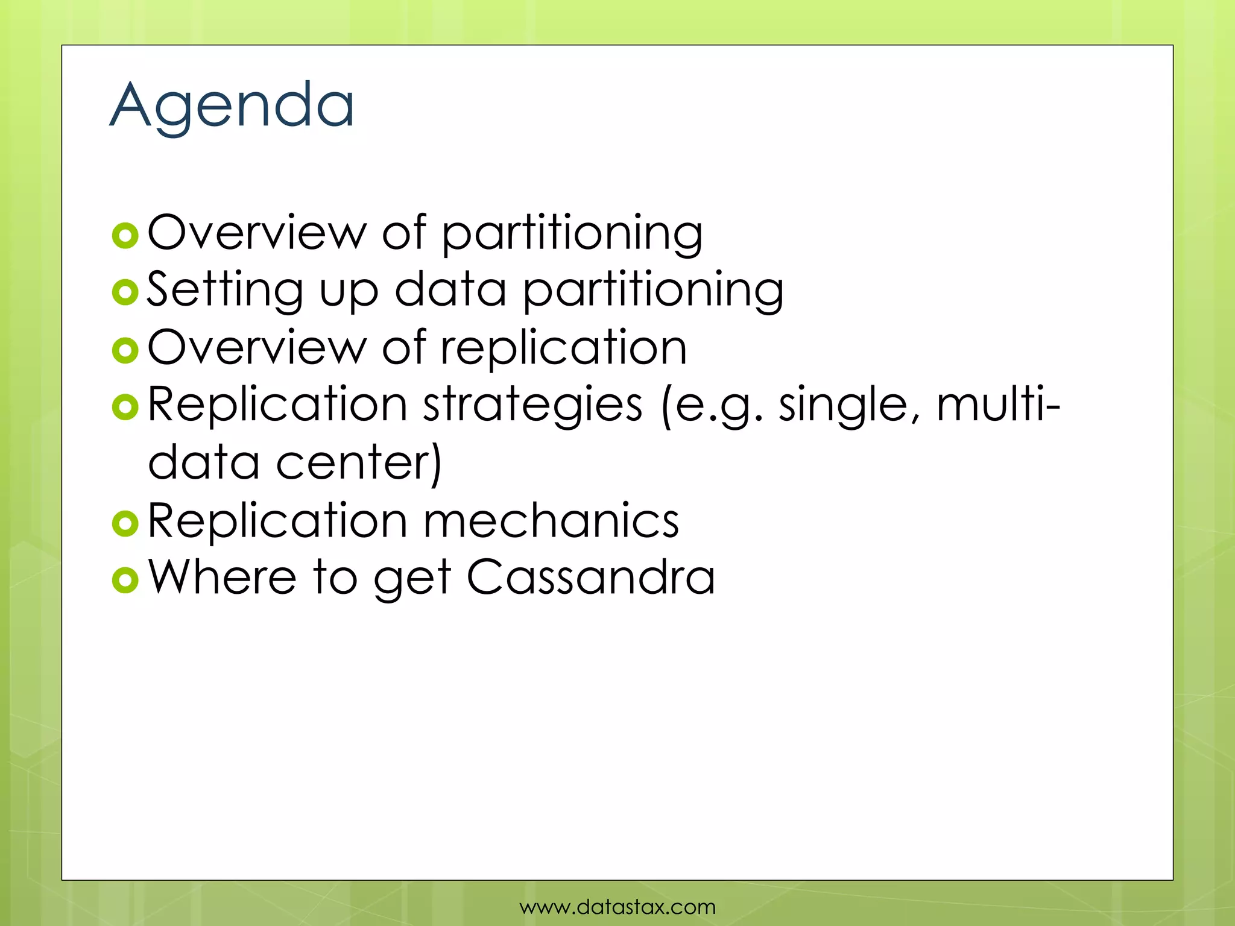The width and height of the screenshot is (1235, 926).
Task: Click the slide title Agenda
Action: pos(232,106)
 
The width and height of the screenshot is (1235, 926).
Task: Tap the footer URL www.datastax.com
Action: pos(617,906)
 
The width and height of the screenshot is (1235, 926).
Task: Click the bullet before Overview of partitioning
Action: pos(125,236)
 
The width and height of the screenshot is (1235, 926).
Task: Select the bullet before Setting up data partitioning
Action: pos(125,293)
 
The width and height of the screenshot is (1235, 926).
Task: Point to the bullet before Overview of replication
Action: pos(125,350)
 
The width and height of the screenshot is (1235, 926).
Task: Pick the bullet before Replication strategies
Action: pos(125,408)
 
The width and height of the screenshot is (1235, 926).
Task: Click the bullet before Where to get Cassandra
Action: pos(125,580)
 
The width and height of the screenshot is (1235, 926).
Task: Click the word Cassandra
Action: pos(591,577)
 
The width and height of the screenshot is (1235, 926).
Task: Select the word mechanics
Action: pos(551,520)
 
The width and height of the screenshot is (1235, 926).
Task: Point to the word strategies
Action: pos(532,406)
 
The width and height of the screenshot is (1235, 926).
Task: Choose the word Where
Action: pos(223,577)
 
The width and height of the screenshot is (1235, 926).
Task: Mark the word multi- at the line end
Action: pos(998,405)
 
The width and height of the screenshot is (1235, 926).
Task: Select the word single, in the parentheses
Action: pos(849,406)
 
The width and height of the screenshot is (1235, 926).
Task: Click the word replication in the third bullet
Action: pos(564,348)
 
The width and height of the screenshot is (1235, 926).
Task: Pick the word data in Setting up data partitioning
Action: pos(450,290)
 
